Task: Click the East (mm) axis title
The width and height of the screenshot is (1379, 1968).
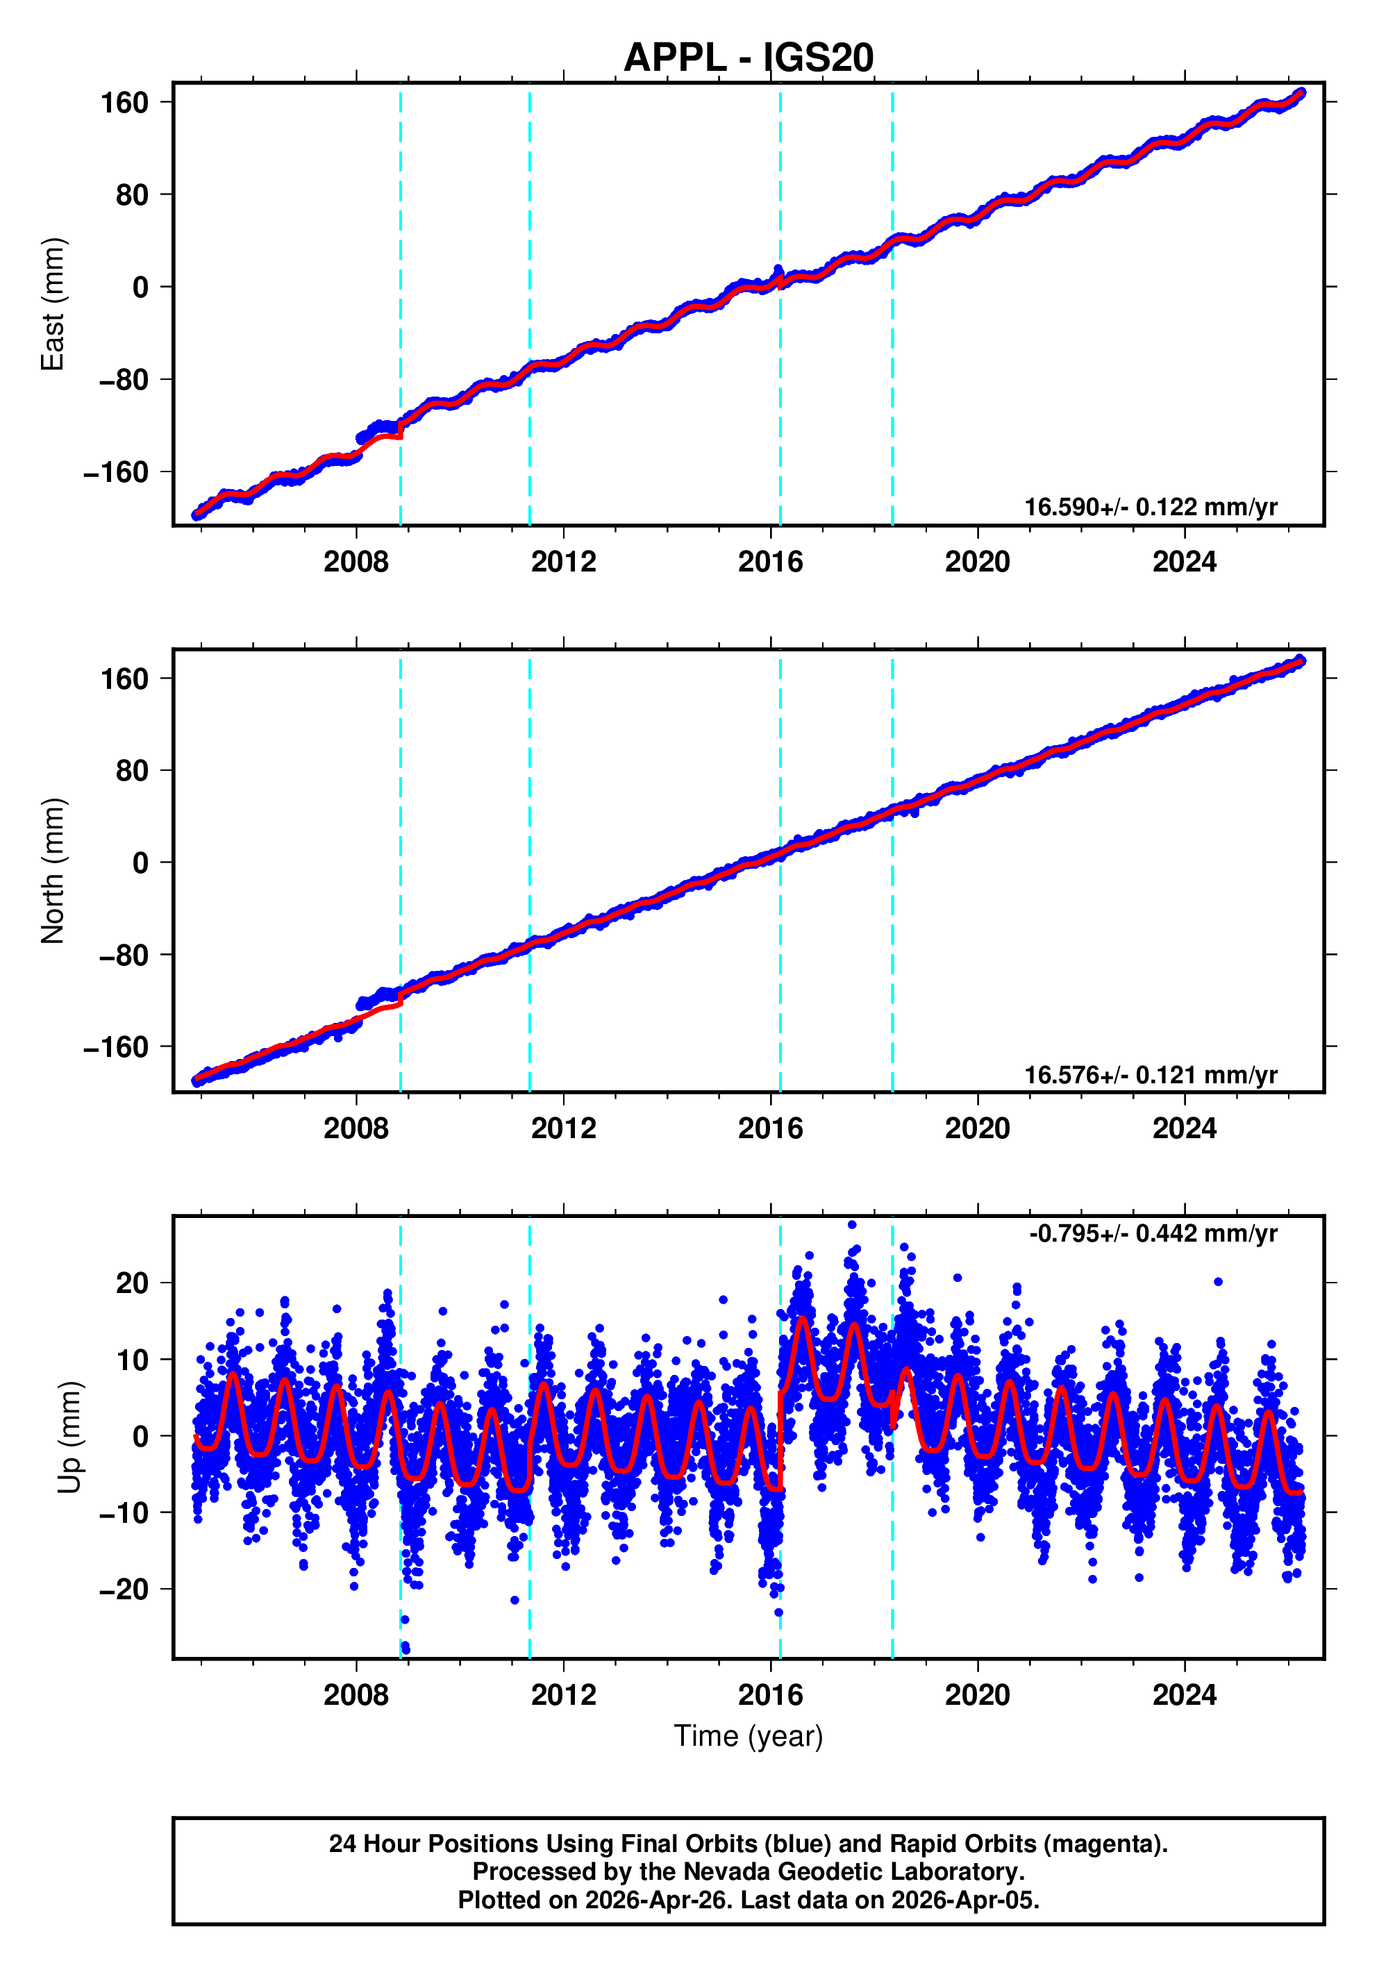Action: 53,304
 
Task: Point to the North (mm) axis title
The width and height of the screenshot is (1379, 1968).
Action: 53,871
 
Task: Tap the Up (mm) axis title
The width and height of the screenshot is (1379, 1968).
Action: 70,1437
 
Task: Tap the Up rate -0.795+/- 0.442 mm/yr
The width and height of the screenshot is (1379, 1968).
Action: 1153,1233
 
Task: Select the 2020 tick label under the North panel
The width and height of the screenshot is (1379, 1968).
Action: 977,1128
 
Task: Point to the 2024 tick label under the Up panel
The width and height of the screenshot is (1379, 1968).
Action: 1184,1694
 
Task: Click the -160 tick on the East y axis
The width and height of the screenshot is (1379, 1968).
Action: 116,472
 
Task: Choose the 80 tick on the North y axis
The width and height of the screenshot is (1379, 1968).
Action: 132,771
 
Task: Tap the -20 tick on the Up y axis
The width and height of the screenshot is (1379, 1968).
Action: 124,1589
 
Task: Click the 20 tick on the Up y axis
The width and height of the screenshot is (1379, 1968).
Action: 132,1283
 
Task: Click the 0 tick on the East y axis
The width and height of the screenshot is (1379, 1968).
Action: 140,287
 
